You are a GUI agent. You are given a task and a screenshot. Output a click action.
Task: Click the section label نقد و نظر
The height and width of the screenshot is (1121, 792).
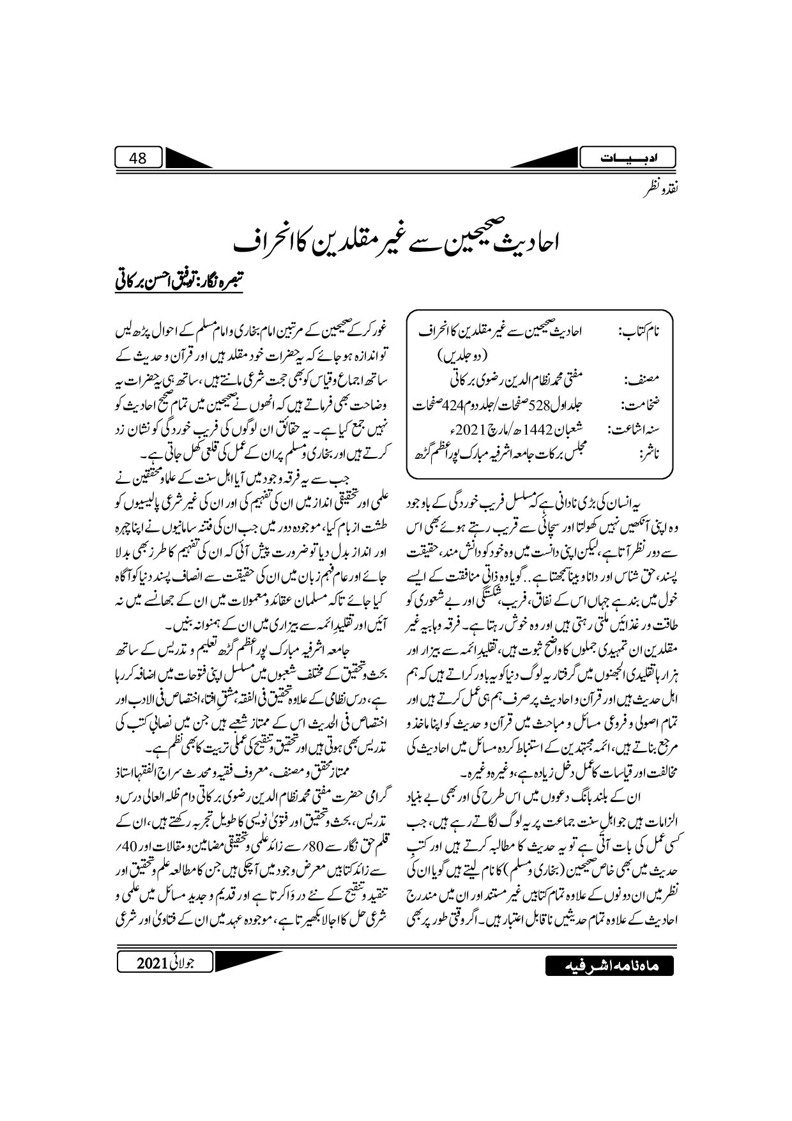pos(660,190)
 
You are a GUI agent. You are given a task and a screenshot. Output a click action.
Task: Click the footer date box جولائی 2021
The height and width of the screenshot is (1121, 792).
pos(165,962)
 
